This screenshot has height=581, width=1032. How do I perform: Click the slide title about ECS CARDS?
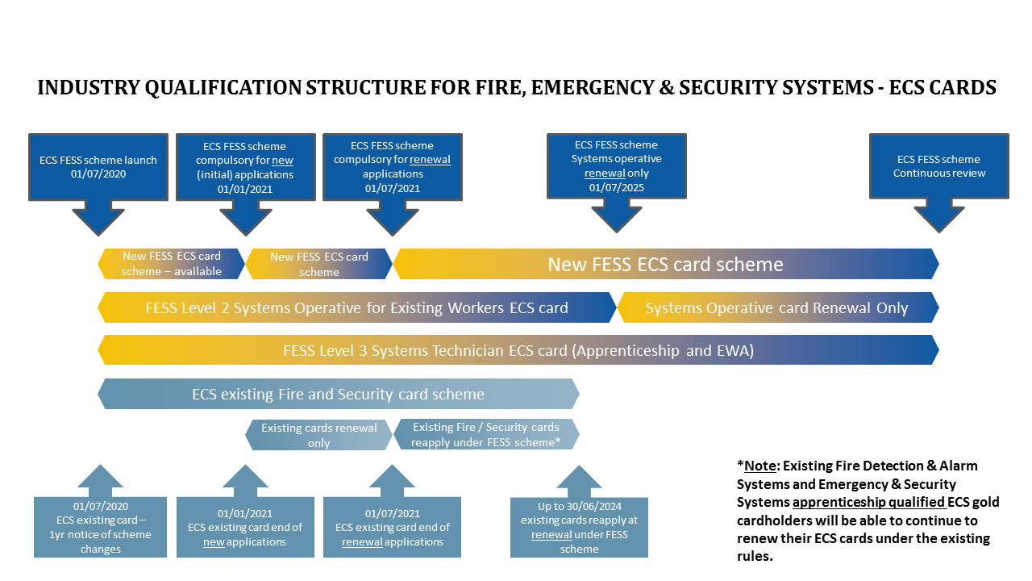point(516,87)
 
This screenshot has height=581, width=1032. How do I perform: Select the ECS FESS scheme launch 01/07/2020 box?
point(98,166)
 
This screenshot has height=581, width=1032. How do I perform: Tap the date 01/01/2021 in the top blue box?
point(245,189)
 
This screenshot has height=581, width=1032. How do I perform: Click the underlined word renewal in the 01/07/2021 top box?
point(430,160)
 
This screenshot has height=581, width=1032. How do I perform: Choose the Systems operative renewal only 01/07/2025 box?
point(617,166)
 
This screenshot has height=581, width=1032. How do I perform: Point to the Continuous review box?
point(939,166)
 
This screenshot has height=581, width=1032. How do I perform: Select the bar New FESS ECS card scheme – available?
point(171,264)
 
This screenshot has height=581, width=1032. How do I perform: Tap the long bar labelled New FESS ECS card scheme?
point(665,264)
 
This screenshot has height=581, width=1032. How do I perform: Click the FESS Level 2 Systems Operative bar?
point(356,307)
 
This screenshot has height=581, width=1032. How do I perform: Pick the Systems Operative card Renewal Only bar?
point(776,307)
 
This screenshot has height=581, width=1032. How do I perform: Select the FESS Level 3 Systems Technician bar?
point(518,350)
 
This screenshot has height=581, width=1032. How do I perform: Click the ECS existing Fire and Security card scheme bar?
point(338,394)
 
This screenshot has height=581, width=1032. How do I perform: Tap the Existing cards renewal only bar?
point(318,435)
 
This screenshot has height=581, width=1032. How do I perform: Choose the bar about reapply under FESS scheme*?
point(485,435)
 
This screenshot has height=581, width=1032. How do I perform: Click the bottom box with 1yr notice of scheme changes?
point(101,527)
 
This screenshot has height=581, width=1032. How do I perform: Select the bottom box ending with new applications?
point(245,527)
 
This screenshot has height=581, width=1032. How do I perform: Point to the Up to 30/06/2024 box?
point(579,527)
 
